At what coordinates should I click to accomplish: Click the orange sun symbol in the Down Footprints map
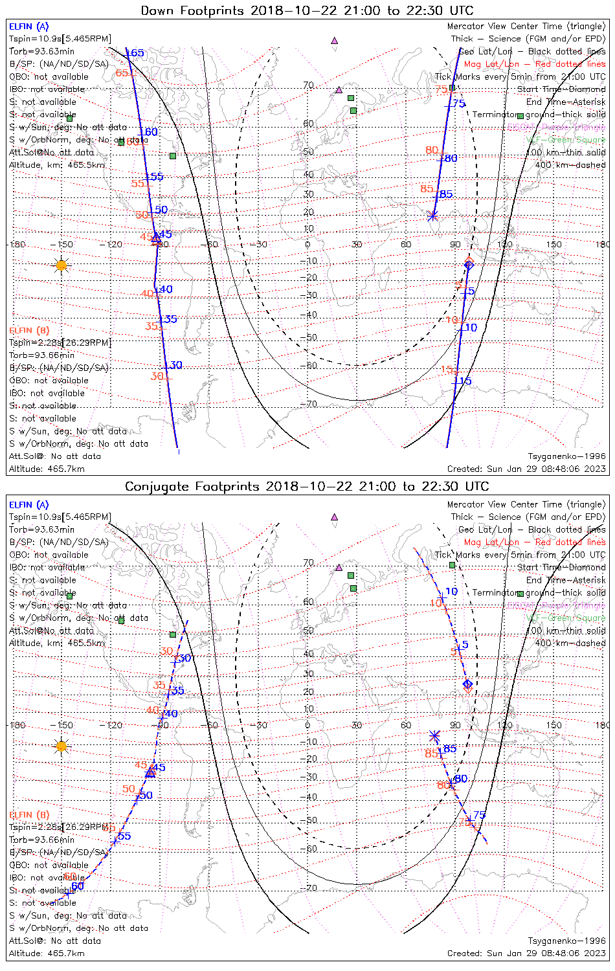tap(61, 265)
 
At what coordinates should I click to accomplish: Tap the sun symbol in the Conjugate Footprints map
tap(61, 746)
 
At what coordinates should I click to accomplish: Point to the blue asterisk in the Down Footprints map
tap(432, 216)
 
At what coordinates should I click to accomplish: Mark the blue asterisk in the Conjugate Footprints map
tap(435, 735)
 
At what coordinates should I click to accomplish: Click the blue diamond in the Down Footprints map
tap(469, 265)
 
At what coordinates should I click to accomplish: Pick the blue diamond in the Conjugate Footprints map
tap(467, 684)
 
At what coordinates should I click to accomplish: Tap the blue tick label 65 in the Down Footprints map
tap(137, 53)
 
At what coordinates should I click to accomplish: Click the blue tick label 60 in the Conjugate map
tap(78, 886)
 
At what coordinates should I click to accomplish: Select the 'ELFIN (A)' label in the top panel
tap(29, 27)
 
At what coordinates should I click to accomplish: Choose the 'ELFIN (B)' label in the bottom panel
tap(29, 815)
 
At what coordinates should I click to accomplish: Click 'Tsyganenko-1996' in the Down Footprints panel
tap(566, 456)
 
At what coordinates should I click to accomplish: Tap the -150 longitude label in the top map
tap(63, 245)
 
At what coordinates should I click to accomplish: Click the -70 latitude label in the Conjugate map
tap(310, 887)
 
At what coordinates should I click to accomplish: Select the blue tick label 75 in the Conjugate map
tap(479, 815)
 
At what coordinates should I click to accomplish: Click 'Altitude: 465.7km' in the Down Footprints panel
tap(47, 469)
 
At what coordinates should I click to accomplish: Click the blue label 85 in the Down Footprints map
tap(446, 194)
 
